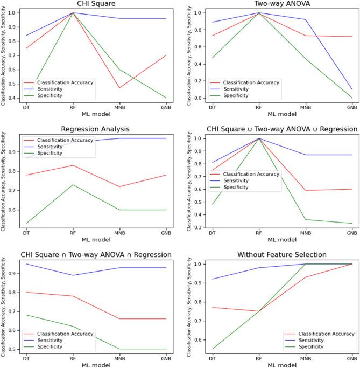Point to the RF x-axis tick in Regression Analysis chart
point(72,232)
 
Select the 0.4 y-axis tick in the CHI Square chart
point(12,99)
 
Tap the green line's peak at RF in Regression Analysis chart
point(72,185)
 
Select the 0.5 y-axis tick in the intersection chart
point(12,349)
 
